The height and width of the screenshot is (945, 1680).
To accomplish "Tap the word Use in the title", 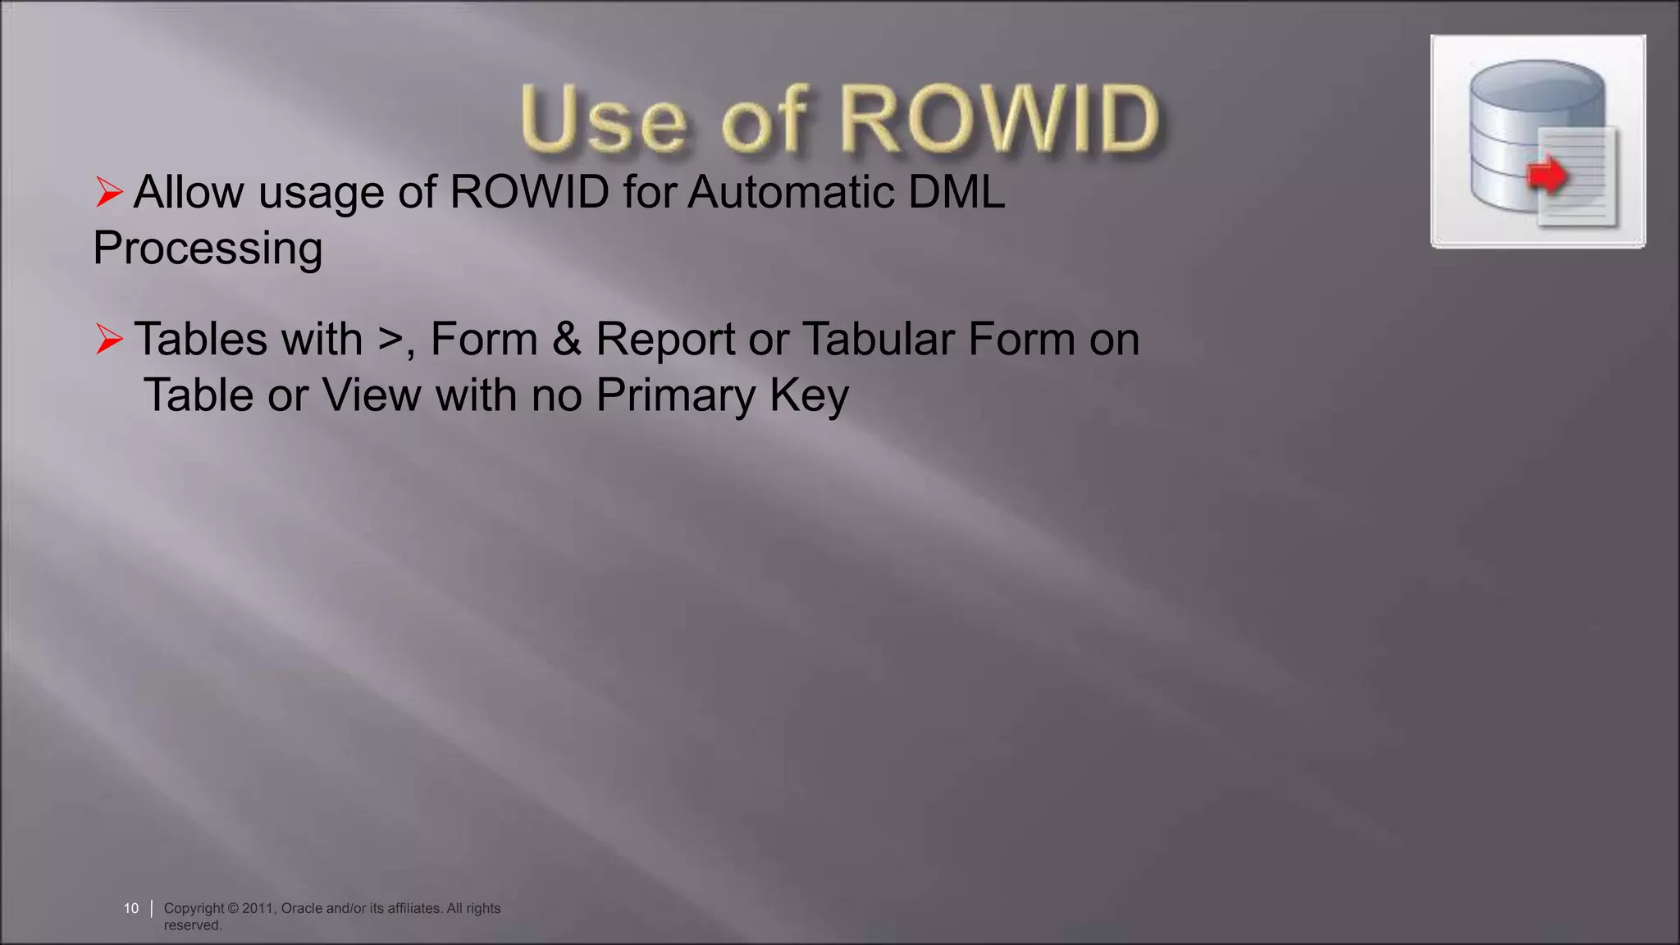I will pos(603,121).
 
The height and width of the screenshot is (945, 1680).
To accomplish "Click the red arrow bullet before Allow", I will pos(109,192).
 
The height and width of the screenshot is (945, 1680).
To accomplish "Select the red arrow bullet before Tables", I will pos(109,339).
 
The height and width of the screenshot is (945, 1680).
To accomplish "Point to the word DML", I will pos(956,192).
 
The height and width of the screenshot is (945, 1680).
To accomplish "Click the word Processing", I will pos(208,249).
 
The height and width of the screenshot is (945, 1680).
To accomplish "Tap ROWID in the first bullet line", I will pos(530,192).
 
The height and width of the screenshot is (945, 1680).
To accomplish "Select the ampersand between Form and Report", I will pos(567,339).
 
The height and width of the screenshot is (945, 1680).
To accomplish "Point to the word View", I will pos(372,395).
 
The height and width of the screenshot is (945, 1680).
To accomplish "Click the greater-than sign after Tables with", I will pos(391,339).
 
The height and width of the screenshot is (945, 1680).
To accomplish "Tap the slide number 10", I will pos(131,908).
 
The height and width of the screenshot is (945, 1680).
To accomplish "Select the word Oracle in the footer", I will pos(301,908).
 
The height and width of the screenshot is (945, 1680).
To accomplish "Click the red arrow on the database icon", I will pos(1546,175).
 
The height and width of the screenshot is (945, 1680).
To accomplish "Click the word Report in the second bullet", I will pos(665,339).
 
